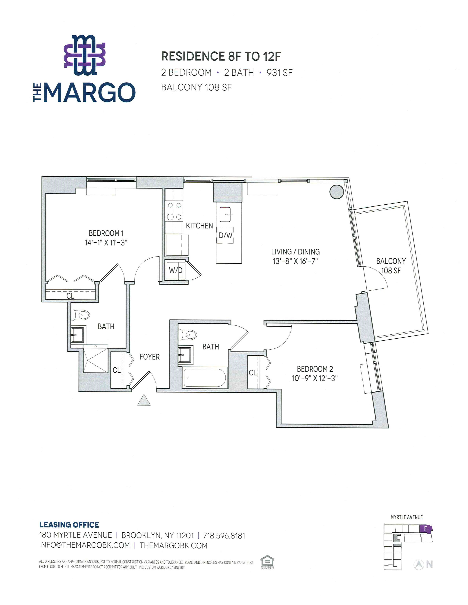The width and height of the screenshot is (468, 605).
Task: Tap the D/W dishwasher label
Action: (225, 235)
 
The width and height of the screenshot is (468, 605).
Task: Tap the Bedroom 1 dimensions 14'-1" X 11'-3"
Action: (106, 243)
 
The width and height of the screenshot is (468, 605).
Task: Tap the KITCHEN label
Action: (199, 226)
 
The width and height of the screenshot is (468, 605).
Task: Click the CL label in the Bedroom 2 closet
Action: (253, 373)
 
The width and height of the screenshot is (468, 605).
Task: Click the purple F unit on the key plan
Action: (425, 529)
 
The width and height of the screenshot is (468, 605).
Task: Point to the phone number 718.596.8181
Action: (224, 536)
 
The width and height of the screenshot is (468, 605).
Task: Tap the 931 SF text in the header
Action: (280, 73)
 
